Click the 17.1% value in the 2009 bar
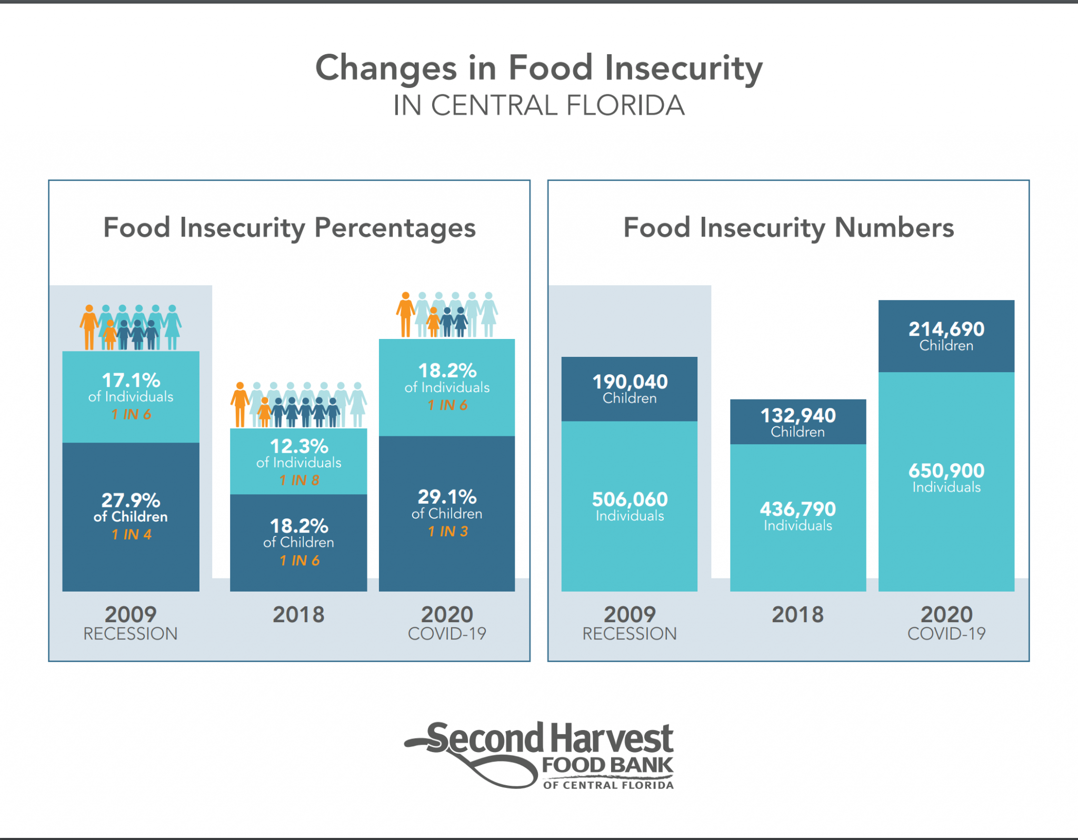tap(131, 381)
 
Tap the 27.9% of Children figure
tap(131, 501)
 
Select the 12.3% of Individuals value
tap(299, 447)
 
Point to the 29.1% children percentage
tap(447, 497)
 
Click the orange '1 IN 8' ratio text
tap(299, 480)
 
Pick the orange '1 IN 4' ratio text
tap(131, 535)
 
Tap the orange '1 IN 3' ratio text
tap(447, 532)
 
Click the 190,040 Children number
tap(630, 382)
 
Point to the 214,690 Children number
tap(946, 329)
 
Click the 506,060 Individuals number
tap(630, 499)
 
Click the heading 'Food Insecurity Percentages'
tap(289, 228)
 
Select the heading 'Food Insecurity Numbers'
tap(788, 228)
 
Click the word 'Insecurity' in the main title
tap(683, 68)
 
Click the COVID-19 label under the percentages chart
tap(447, 634)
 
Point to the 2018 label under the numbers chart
tap(797, 615)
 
